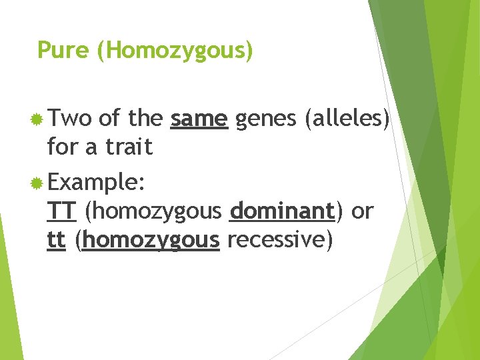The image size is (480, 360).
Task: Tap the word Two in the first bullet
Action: (70, 119)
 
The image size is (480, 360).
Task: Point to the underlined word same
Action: (199, 119)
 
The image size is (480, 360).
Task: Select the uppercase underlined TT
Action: (63, 211)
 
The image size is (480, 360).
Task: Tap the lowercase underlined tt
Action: (56, 239)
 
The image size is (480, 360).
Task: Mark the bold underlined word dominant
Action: (281, 211)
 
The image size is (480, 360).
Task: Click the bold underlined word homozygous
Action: (151, 240)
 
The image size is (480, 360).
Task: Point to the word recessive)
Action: (279, 239)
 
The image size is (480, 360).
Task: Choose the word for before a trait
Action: (63, 147)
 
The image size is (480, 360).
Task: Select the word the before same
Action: (145, 119)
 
